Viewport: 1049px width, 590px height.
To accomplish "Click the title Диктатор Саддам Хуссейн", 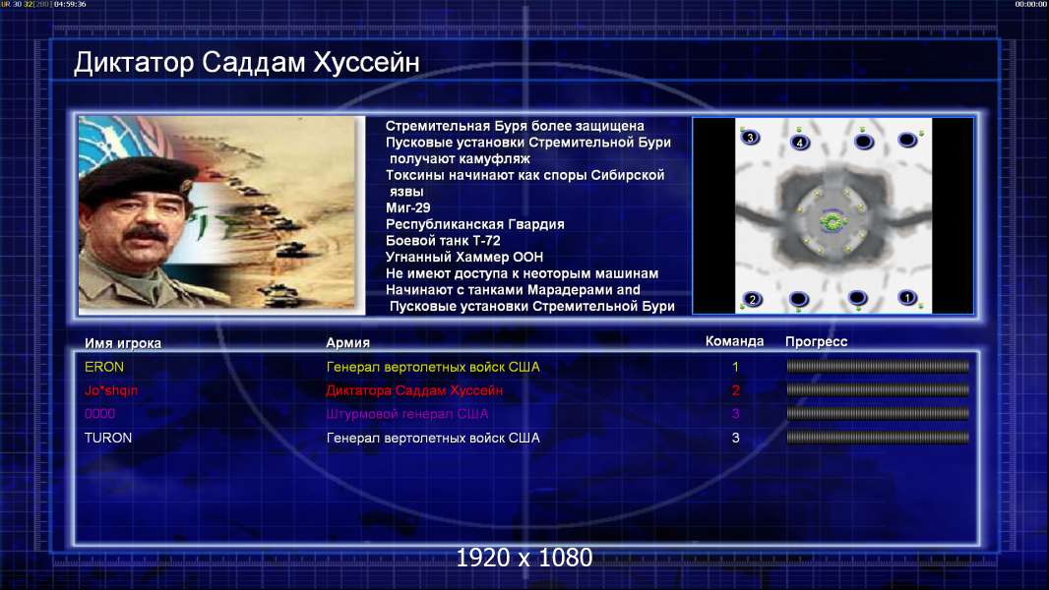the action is click(x=246, y=62).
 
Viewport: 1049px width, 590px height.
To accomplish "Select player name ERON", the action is click(x=103, y=367).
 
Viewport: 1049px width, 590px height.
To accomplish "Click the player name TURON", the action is click(x=107, y=438).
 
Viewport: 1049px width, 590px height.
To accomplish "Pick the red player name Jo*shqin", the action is click(x=111, y=390).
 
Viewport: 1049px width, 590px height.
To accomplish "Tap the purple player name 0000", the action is click(x=99, y=414).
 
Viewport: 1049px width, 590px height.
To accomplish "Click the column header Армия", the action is click(x=348, y=343).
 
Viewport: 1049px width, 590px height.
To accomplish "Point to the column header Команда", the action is click(x=734, y=341).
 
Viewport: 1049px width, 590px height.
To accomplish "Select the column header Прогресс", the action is click(x=816, y=342).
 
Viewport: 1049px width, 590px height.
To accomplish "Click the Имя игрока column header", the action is click(x=122, y=343).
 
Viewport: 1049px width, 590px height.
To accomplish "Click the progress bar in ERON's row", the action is click(x=878, y=366).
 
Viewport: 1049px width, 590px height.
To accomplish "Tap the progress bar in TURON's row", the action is click(x=878, y=438).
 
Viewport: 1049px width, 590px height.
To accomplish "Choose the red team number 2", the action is click(x=736, y=390).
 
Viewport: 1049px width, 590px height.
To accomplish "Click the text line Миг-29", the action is click(x=408, y=207).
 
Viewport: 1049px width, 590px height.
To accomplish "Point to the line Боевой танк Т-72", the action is click(x=443, y=241).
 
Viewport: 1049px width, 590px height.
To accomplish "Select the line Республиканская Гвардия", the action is click(x=475, y=224).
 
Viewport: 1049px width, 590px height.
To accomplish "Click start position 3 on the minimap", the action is click(x=750, y=138).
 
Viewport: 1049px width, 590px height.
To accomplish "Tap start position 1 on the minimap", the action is click(x=907, y=297).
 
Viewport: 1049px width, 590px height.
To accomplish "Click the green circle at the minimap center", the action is click(x=833, y=221).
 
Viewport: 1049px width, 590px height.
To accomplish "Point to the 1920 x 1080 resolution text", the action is click(x=524, y=558).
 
